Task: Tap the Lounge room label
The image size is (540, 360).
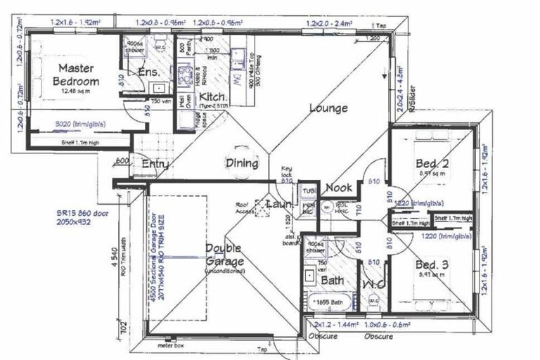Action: pos(327,109)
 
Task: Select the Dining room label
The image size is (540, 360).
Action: pos(241,163)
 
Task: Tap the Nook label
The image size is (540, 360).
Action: pos(339,188)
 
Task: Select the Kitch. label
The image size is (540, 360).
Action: pos(212,96)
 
